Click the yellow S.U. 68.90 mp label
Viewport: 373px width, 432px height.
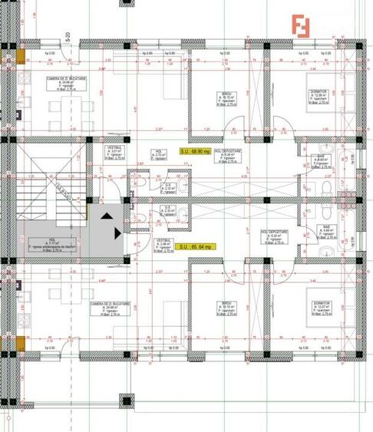tap(196, 151)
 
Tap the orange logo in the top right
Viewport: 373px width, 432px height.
tap(302, 25)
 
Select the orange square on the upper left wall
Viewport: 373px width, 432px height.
tap(21, 57)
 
